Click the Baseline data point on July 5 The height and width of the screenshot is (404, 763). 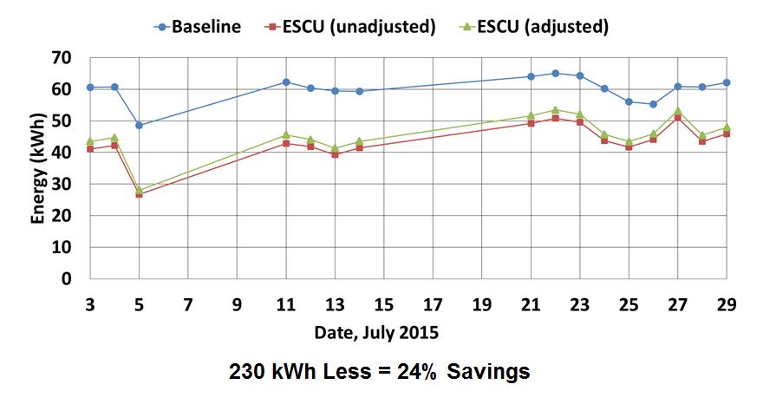pyautogui.click(x=139, y=125)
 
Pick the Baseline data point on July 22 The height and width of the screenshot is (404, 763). pyautogui.click(x=555, y=73)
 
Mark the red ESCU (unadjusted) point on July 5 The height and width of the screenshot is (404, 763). pyautogui.click(x=139, y=194)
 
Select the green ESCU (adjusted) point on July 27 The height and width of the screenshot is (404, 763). pyautogui.click(x=677, y=110)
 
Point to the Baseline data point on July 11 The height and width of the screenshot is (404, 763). pyautogui.click(x=286, y=81)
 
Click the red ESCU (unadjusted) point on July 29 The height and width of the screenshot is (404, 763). pyautogui.click(x=727, y=134)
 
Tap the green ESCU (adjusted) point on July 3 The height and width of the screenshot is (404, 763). pyautogui.click(x=90, y=140)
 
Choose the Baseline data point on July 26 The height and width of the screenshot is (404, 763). pyautogui.click(x=653, y=104)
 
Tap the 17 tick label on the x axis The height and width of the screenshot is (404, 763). pyautogui.click(x=433, y=304)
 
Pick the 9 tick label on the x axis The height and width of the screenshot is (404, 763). pyautogui.click(x=237, y=304)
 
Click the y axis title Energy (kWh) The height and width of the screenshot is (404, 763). pyautogui.click(x=39, y=168)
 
